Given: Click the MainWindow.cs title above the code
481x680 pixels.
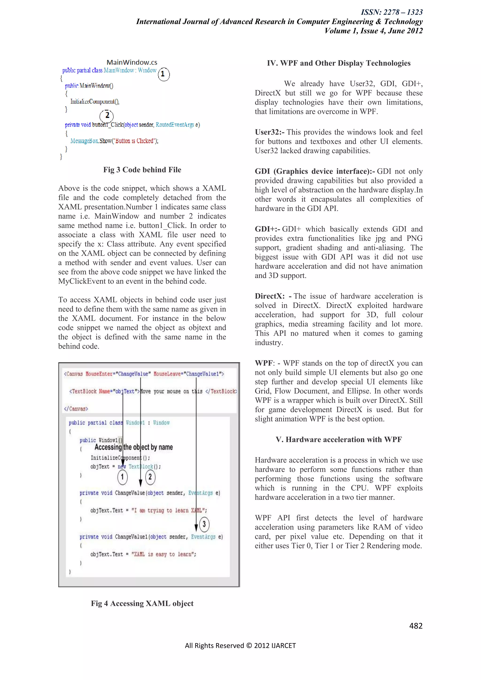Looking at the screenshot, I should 132,62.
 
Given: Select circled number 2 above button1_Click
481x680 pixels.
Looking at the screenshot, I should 107,116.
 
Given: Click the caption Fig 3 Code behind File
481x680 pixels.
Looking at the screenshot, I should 142,170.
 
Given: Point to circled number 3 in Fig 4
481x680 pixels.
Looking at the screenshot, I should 204,524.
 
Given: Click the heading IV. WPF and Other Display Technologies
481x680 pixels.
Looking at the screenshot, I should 338,63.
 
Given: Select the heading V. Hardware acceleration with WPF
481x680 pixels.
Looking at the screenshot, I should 338,440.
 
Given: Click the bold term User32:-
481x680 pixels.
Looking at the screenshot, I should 270,132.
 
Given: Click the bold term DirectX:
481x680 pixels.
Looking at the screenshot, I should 270,296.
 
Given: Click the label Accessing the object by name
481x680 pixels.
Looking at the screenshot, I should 134,447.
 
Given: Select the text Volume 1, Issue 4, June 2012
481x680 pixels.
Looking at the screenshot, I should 373,31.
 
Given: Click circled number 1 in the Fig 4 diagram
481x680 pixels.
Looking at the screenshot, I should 122,477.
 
